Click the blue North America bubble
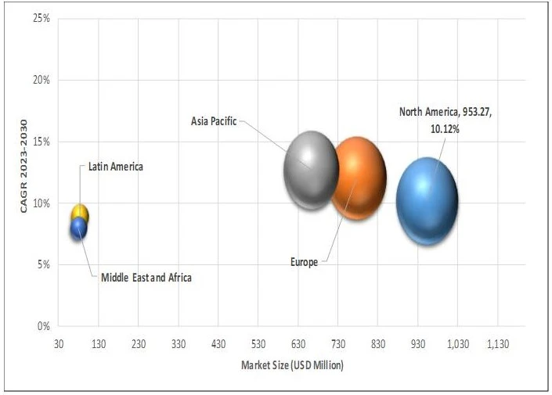tap(427, 201)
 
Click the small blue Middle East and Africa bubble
tap(78, 229)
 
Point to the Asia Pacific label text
tap(213, 121)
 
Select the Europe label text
tap(304, 262)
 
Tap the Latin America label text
tap(115, 167)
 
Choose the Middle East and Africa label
tap(146, 277)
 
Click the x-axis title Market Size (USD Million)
tap(291, 365)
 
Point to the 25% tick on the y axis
tap(41, 18)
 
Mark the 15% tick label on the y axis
tap(41, 142)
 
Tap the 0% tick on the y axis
tap(44, 326)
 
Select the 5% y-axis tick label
tap(44, 264)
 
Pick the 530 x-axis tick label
tap(258, 343)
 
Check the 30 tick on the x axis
tap(59, 343)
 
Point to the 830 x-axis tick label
tap(377, 343)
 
